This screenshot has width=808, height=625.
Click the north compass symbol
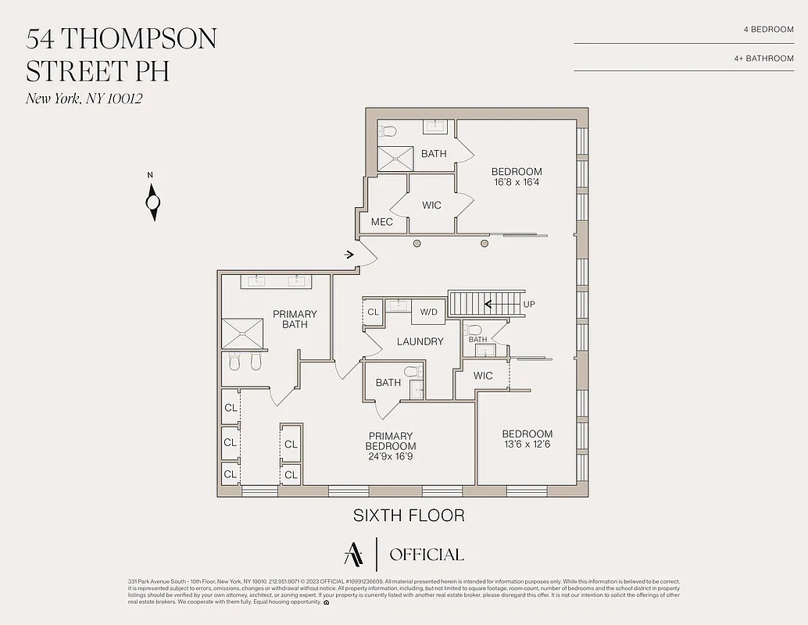[x=153, y=202]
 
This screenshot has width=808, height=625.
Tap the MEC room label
[x=381, y=222]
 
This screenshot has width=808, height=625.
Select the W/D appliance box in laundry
[x=428, y=312]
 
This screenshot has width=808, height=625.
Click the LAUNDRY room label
[x=420, y=341]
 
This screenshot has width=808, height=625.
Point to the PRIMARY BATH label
[x=295, y=319]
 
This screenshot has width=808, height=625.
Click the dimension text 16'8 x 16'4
[x=516, y=182]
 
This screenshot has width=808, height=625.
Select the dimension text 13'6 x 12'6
[x=527, y=445]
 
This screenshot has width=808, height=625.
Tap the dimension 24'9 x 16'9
[x=391, y=455]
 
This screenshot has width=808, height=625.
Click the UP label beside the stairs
[x=529, y=304]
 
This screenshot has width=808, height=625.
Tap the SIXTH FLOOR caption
[x=409, y=516]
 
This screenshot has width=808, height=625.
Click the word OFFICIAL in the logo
[x=426, y=555]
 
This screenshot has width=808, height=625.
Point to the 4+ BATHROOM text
[x=763, y=58]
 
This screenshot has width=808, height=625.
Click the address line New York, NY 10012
[x=84, y=98]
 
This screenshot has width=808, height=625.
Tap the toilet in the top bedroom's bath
[x=389, y=130]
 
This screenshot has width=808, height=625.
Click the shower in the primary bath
[x=244, y=334]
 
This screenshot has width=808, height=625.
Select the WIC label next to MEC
[x=431, y=205]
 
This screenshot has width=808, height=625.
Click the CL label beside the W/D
[x=373, y=312]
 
